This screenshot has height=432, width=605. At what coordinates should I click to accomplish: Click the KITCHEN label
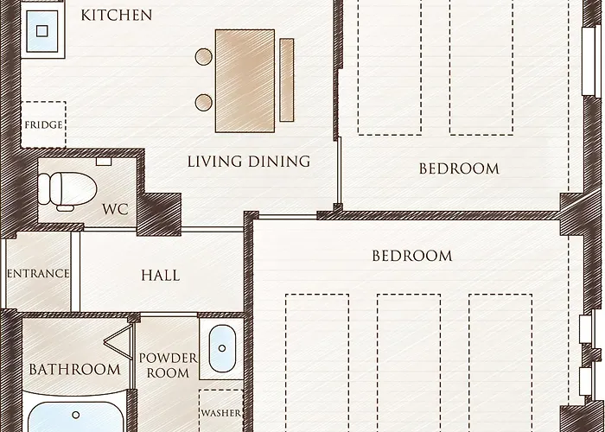117,16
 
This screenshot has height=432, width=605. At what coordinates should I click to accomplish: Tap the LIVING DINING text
249,162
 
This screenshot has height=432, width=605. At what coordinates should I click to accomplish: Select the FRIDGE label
43,125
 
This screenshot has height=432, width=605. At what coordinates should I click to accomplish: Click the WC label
115,209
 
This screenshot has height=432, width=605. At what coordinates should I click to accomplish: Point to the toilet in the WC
67,191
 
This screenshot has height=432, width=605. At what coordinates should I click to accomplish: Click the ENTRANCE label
38,274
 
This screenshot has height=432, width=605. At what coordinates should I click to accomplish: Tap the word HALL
161,276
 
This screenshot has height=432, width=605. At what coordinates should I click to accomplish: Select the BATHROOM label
75,370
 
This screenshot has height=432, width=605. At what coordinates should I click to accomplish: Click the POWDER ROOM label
169,365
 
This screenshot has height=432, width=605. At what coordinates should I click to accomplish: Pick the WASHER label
221,413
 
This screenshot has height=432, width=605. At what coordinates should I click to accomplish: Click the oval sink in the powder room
222,349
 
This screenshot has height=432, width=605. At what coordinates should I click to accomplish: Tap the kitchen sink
42,31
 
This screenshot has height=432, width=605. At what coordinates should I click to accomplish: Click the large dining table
245,81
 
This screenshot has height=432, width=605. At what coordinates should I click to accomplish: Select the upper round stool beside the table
204,57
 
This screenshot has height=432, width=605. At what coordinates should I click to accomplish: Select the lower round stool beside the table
204,103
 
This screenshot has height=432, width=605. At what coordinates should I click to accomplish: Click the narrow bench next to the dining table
287,79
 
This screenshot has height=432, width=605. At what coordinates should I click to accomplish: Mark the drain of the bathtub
76,415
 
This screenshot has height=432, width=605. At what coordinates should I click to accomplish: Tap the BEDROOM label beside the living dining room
459,169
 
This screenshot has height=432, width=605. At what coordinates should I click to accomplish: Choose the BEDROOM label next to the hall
412,256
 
